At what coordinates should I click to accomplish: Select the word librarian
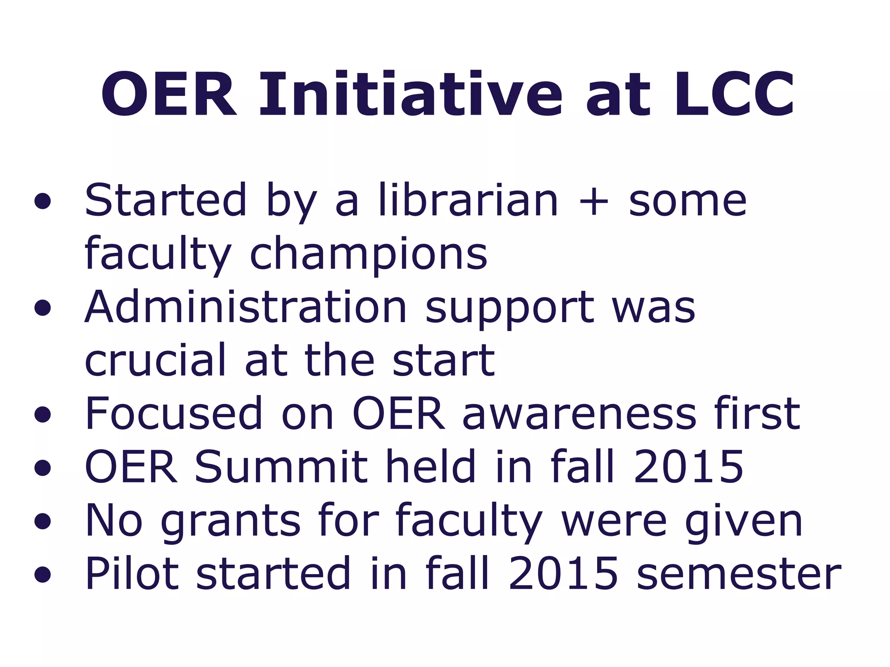point(468,201)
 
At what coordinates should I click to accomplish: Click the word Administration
point(246,307)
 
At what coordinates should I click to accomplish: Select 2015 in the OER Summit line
point(688,467)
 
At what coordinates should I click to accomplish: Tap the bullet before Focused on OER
point(43,415)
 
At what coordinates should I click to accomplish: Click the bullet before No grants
point(43,522)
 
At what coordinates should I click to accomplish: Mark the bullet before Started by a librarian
point(43,201)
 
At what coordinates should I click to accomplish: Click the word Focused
point(174,414)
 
